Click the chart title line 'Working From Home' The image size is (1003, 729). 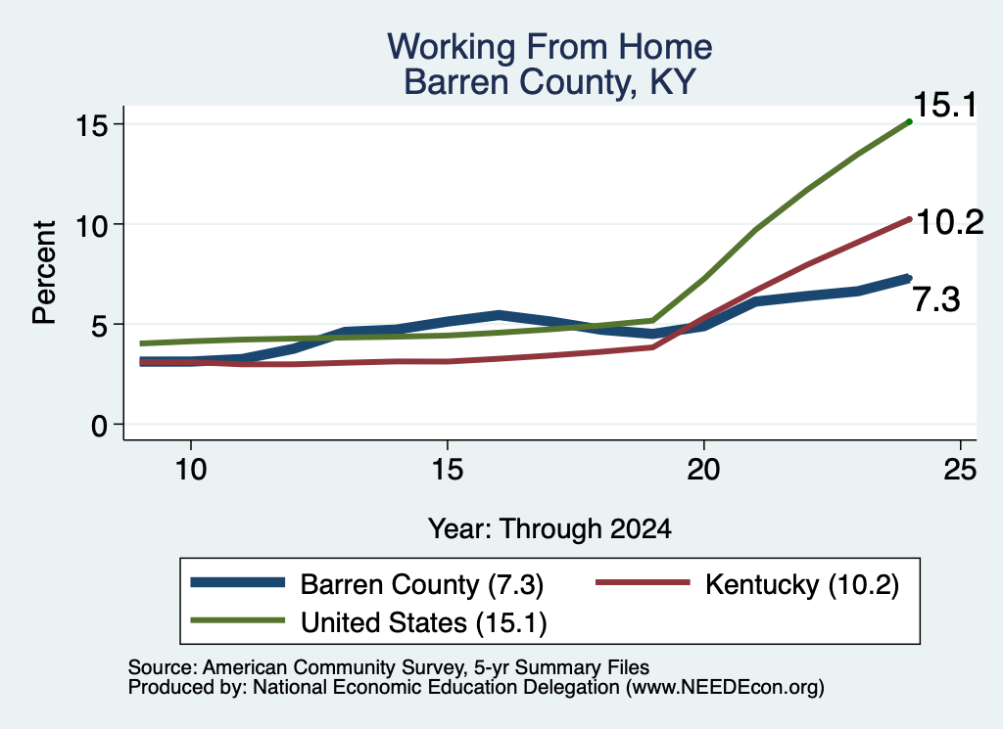[x=549, y=47]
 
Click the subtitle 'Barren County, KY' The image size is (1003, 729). [x=549, y=82]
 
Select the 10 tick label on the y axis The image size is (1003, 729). [x=91, y=224]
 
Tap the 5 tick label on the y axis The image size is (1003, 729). [x=99, y=325]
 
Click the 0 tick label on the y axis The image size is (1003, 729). [x=99, y=425]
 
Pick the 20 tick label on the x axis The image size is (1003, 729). [x=703, y=470]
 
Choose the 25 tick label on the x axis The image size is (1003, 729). [x=960, y=470]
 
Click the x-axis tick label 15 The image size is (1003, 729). [x=447, y=470]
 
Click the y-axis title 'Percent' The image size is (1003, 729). [x=44, y=273]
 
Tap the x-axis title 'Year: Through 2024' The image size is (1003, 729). [x=549, y=529]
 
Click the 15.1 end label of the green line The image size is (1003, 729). [x=945, y=105]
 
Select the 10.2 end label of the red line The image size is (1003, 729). [x=950, y=222]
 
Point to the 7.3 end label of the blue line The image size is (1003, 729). [x=935, y=299]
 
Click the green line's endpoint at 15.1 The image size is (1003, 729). [x=909, y=121]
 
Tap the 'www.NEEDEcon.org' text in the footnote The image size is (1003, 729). [x=725, y=688]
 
